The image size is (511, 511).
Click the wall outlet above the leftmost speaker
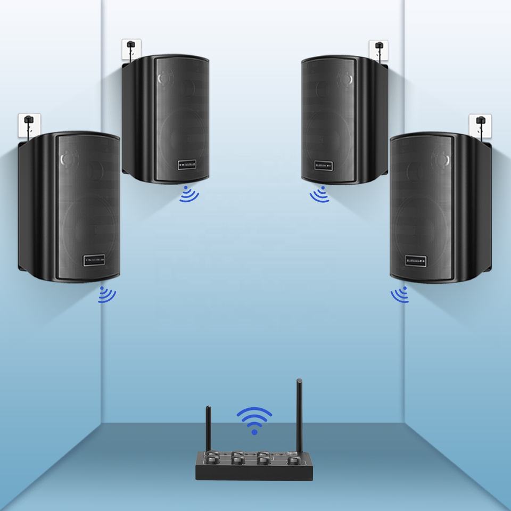pos(26,125)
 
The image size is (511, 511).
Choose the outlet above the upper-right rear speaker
pos(378,49)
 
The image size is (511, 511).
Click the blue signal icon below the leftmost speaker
pos(106,295)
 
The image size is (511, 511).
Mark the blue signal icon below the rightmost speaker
pos(400,294)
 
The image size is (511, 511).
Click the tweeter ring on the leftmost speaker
pos(68,159)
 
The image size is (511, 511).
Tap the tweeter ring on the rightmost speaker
pos(441,158)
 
